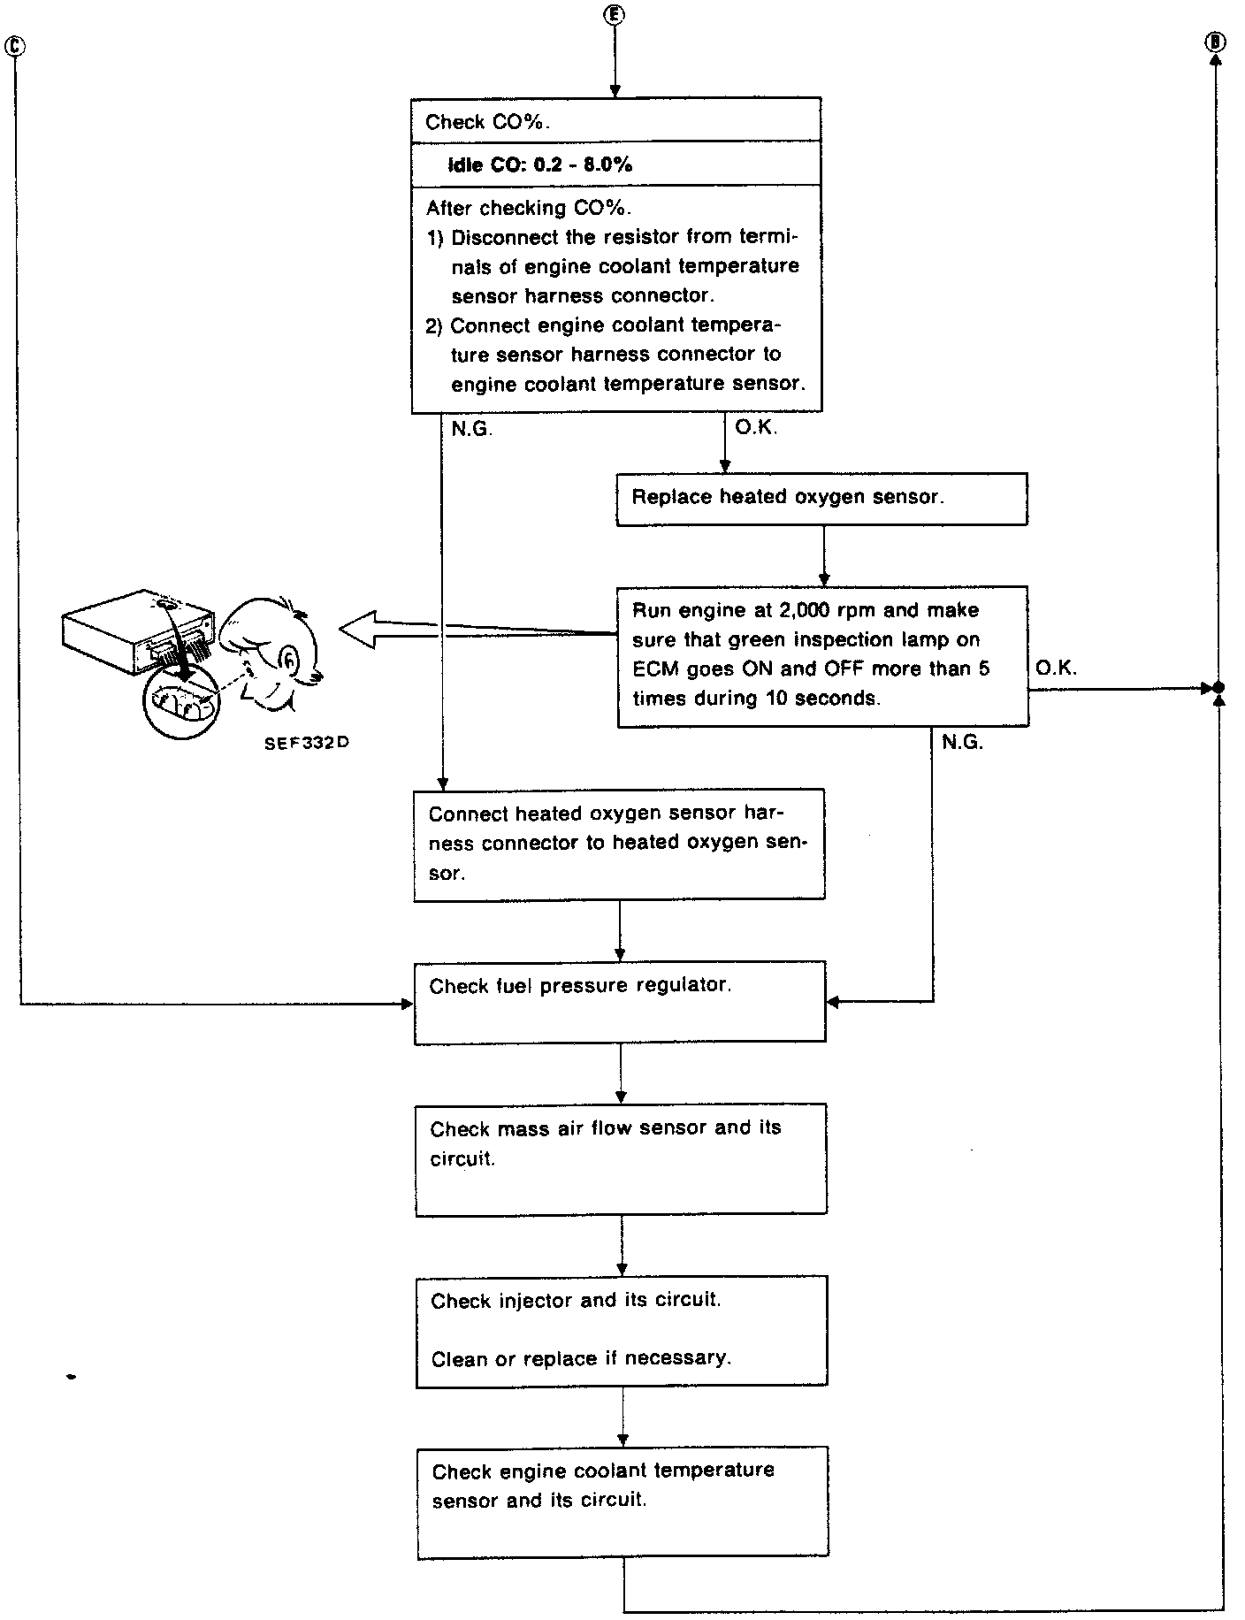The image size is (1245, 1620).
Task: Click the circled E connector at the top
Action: pyautogui.click(x=615, y=15)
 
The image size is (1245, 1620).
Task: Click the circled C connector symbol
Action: pyautogui.click(x=15, y=46)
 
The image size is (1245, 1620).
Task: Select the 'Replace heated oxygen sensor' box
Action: pyautogui.click(x=821, y=499)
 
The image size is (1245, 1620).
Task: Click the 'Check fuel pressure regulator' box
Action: pyautogui.click(x=620, y=1001)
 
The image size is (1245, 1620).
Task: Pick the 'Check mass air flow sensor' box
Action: pyautogui.click(x=621, y=1158)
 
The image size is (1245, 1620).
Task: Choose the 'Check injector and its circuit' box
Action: pyautogui.click(x=622, y=1330)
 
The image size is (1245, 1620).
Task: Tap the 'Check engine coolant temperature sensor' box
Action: pyautogui.click(x=622, y=1502)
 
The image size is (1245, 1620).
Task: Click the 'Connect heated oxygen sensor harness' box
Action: pyautogui.click(x=619, y=844)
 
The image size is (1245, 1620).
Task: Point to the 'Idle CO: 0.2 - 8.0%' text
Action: pyautogui.click(x=539, y=164)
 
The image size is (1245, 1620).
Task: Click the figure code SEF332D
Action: pyautogui.click(x=306, y=743)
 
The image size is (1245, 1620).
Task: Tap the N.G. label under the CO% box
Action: pyautogui.click(x=471, y=430)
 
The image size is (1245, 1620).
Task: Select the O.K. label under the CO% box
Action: pyautogui.click(x=756, y=428)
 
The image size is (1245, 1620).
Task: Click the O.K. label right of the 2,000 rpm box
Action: pyautogui.click(x=1056, y=669)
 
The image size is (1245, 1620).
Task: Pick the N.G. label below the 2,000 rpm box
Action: pyautogui.click(x=962, y=743)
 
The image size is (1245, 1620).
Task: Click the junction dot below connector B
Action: pyautogui.click(x=1218, y=687)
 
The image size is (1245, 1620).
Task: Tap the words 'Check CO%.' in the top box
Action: pyautogui.click(x=487, y=122)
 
